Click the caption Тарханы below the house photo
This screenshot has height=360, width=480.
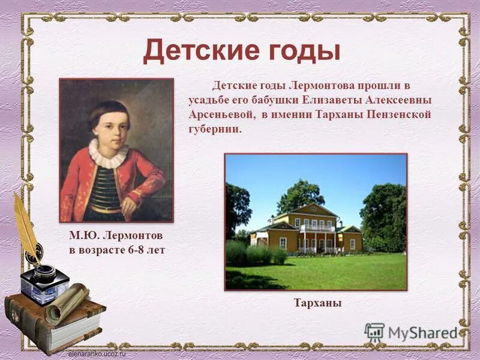click(x=317, y=304)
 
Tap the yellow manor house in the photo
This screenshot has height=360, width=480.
click(x=306, y=231)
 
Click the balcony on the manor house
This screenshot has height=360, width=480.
click(x=317, y=229)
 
